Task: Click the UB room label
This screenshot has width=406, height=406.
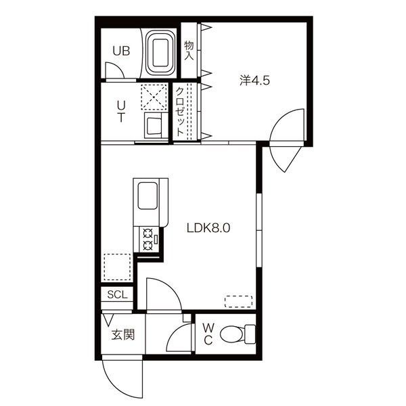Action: coord(121,51)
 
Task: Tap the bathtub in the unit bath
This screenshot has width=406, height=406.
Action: coord(160,53)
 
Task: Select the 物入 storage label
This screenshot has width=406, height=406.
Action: coord(189,51)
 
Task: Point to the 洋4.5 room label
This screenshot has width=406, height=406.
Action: coord(254,81)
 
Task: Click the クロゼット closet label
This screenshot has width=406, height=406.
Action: coord(180,112)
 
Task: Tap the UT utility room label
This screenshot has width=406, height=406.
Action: coord(121,112)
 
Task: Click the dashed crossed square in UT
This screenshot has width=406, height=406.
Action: coord(154,97)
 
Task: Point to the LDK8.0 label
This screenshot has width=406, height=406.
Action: coord(208,228)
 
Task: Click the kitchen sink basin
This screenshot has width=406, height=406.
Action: coord(148,196)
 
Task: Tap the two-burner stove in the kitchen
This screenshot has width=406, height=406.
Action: coord(149,239)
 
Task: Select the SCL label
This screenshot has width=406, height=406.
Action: coord(117,294)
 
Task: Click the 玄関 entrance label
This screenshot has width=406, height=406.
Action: coord(123,335)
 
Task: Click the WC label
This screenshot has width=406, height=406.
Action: coord(208,334)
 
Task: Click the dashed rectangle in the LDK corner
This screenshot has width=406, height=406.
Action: coord(238,302)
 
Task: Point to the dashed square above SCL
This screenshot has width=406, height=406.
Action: coord(117,267)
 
